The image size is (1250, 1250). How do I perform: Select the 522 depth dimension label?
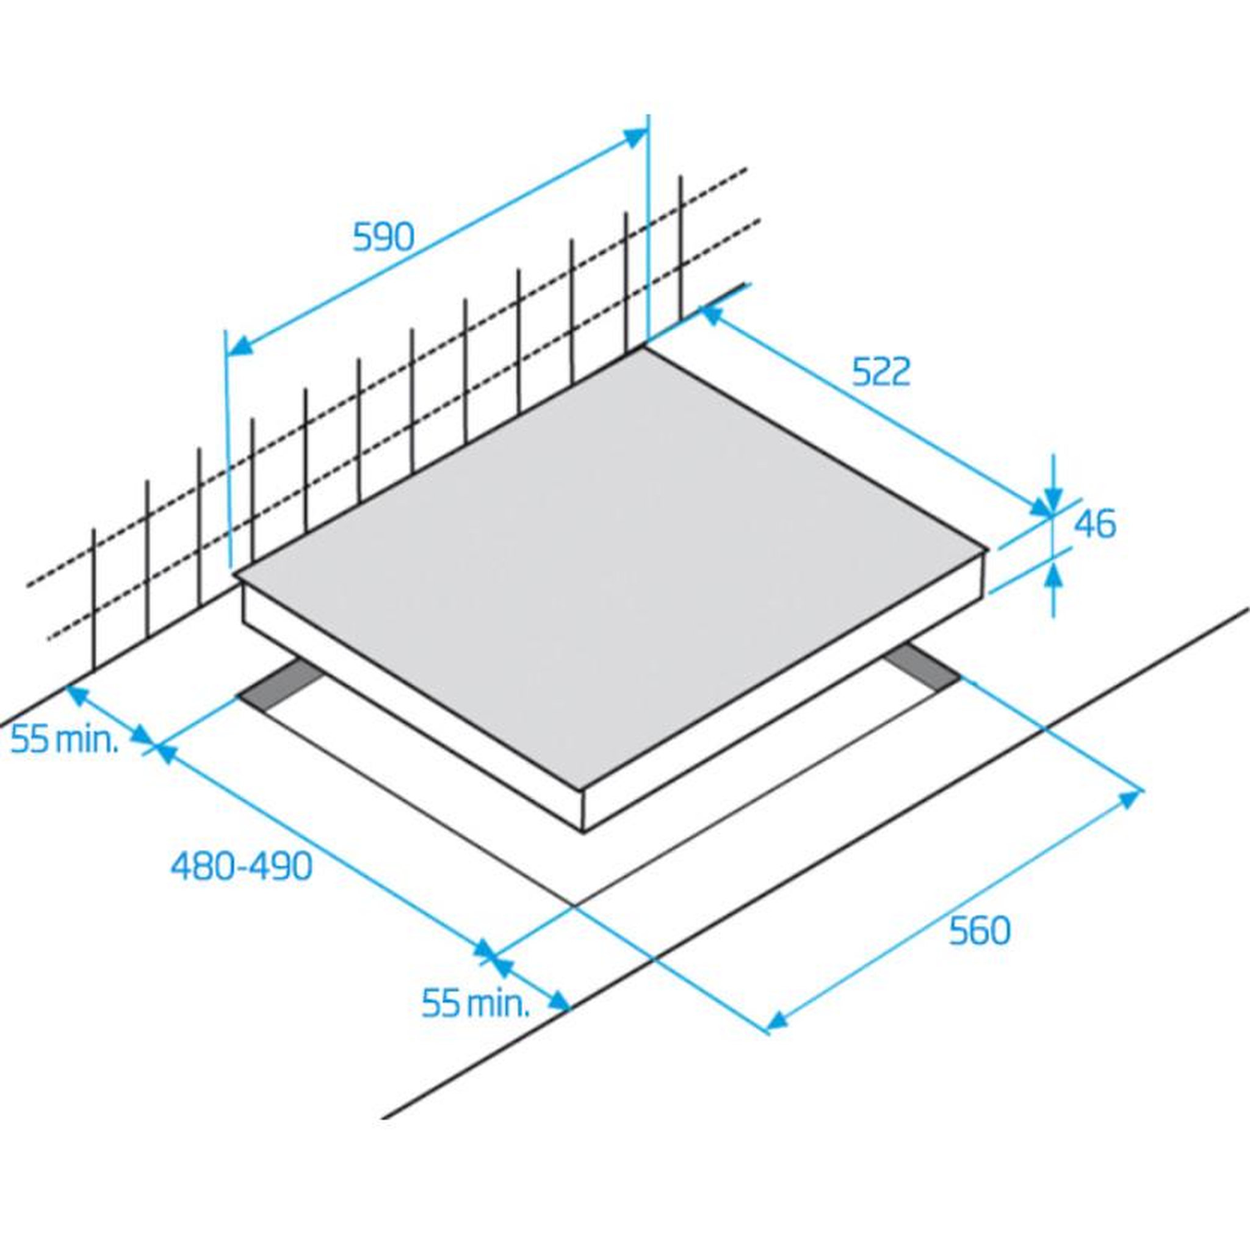click(881, 372)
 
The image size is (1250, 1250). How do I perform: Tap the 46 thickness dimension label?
click(1095, 524)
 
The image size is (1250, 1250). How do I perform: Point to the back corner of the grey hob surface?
click(643, 349)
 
